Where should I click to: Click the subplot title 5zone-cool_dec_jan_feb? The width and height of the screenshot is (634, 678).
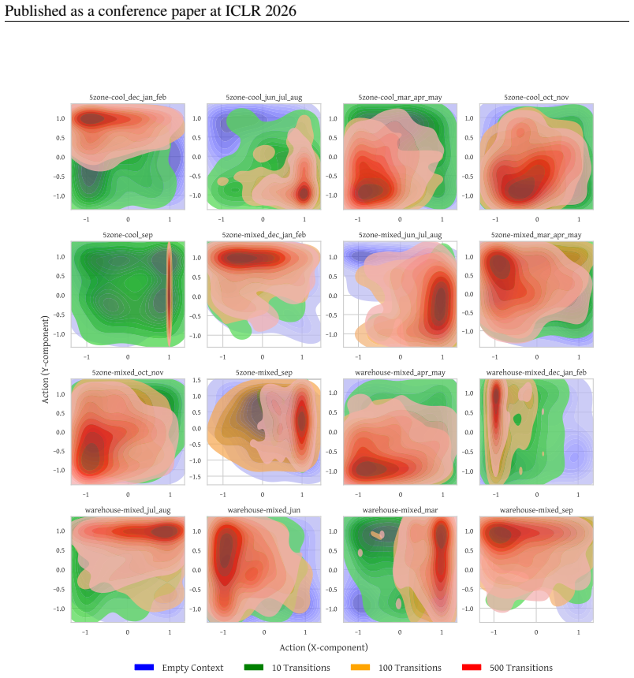[128, 97]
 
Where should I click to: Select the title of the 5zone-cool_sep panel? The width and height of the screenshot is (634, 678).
[128, 235]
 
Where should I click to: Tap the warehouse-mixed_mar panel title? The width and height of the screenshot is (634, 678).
[400, 510]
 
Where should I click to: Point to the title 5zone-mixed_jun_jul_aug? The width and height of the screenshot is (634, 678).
[400, 235]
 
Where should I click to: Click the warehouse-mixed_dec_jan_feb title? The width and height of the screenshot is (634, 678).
[536, 372]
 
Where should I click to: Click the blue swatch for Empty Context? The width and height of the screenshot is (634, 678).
[144, 667]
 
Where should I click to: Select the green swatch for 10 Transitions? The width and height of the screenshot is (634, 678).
[253, 667]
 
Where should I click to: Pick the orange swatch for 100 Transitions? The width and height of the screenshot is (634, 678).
[360, 667]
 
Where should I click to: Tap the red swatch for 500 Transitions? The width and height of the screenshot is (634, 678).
[472, 667]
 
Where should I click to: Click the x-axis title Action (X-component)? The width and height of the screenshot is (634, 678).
[323, 647]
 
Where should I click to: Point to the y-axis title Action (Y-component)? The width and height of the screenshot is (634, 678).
[45, 359]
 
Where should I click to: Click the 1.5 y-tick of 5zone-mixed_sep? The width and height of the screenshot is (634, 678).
[197, 380]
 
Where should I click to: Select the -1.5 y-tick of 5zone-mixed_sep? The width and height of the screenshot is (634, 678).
[196, 476]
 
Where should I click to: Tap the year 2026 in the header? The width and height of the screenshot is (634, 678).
[281, 11]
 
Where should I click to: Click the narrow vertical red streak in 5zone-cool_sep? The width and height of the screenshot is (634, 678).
[169, 294]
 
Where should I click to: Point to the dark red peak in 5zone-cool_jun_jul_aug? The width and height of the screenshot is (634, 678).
[304, 193]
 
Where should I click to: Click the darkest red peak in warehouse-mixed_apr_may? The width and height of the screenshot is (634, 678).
[368, 468]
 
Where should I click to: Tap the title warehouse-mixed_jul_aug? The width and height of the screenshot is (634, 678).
[128, 510]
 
